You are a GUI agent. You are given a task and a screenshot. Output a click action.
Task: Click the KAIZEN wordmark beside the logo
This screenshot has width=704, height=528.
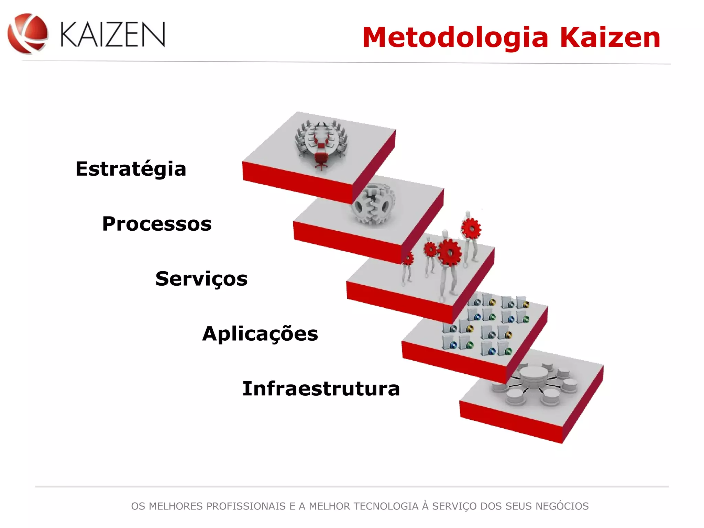pos(113,34)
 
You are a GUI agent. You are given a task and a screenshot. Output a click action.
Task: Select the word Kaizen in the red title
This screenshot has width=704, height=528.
pos(610,37)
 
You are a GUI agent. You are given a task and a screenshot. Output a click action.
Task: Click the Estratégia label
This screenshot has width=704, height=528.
pos(131,169)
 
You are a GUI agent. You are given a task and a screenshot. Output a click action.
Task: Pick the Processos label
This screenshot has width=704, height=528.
pos(157,224)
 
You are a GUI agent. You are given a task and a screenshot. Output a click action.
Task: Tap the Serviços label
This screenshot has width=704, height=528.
pos(201,278)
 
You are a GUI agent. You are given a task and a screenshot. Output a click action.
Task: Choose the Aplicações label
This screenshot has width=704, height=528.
pos(260,334)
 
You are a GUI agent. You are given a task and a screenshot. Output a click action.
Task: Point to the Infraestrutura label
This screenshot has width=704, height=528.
pos(321,389)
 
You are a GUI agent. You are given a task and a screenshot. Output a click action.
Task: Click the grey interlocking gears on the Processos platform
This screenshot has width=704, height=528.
pos(373,205)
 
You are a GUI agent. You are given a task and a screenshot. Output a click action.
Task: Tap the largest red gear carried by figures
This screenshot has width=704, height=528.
pos(449,253)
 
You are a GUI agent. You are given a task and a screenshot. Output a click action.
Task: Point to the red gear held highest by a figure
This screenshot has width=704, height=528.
pos(471,228)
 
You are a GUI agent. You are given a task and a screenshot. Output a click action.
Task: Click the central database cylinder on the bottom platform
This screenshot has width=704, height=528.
pos(533,375)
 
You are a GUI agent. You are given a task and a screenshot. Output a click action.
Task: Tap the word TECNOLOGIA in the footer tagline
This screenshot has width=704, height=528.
pos(386,506)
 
